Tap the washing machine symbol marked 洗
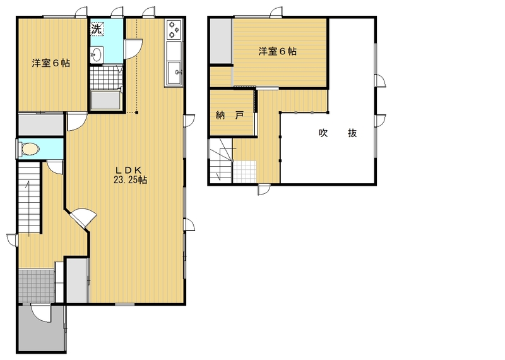(x=97, y=29)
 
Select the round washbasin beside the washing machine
(x=97, y=54)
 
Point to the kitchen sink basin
(x=175, y=73)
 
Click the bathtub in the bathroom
(x=105, y=100)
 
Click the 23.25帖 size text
(x=130, y=180)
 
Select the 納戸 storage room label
(x=230, y=116)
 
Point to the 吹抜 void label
(x=338, y=133)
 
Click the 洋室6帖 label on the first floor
(x=51, y=63)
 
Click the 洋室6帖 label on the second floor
(x=278, y=51)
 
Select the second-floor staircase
(x=220, y=161)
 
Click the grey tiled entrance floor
(x=36, y=285)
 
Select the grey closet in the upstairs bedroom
(x=222, y=41)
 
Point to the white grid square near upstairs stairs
(x=245, y=172)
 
